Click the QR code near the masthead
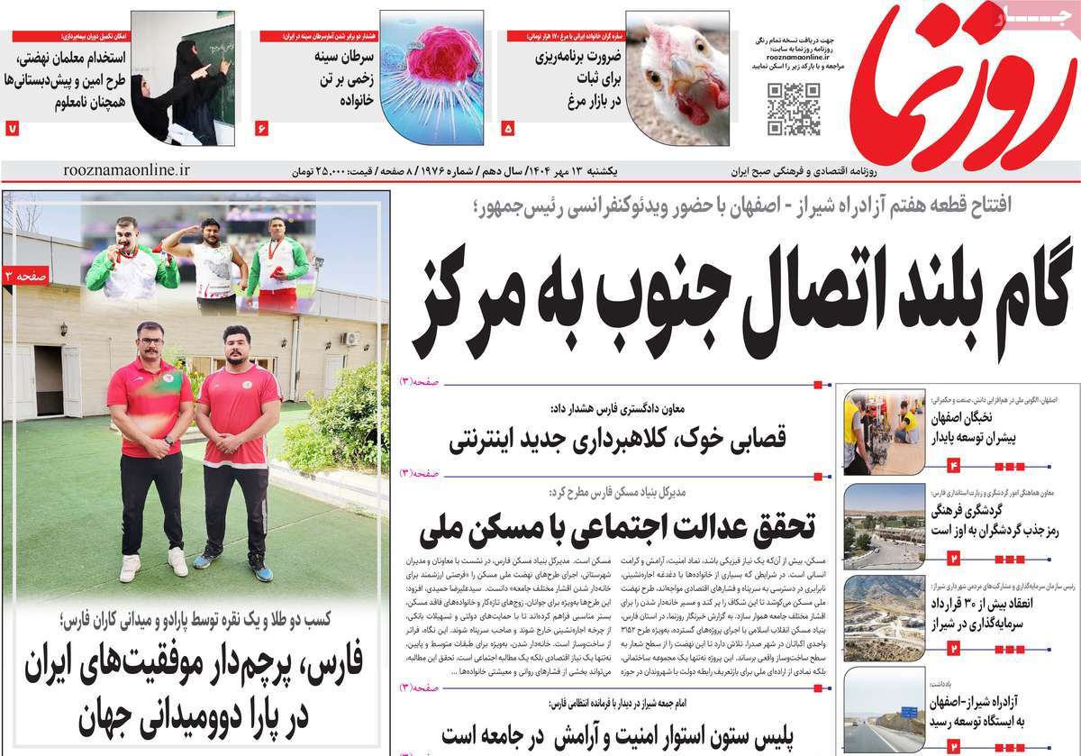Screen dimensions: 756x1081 click(x=794, y=108)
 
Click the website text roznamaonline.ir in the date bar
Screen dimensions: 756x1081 click(x=128, y=169)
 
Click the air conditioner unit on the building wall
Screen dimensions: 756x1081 click(x=350, y=340)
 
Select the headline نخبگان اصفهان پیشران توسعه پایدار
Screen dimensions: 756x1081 click(x=978, y=428)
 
